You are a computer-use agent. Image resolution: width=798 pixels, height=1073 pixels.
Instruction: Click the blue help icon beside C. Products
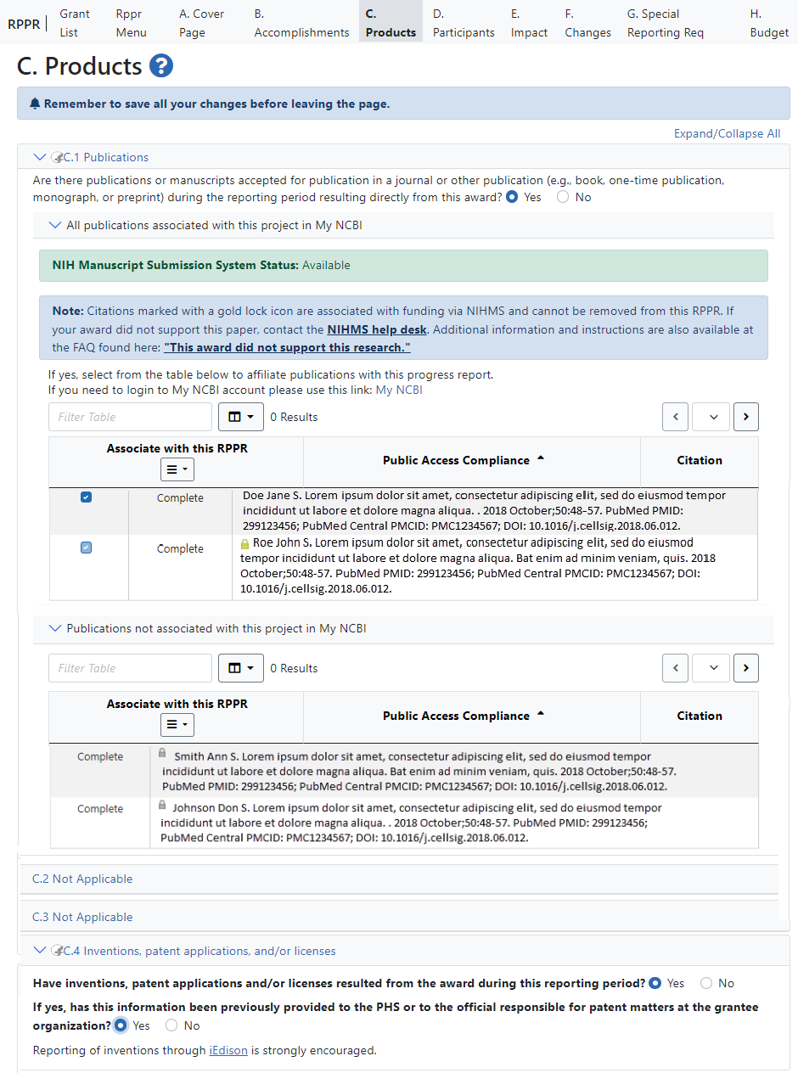161,65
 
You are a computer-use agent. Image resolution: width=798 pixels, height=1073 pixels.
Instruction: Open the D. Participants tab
463,23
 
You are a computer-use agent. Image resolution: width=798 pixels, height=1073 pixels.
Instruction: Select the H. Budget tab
769,23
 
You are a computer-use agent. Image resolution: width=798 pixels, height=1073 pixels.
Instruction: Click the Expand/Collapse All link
727,133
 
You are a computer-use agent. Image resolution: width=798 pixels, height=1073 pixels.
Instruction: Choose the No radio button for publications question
563,197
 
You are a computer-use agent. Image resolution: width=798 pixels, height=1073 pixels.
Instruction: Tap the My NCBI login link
399,390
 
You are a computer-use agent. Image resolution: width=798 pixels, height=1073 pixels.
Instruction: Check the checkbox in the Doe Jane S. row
86,497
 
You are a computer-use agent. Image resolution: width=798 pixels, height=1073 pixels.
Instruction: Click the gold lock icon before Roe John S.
244,543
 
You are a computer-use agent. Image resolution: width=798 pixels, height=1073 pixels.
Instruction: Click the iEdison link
228,1050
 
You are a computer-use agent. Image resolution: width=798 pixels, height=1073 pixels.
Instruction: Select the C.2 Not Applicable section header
82,879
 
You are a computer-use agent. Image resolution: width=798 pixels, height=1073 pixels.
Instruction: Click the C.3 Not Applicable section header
82,917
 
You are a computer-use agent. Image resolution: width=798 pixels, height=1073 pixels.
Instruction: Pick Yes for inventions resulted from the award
655,983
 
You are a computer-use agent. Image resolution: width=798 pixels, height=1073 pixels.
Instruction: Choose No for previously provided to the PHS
171,1025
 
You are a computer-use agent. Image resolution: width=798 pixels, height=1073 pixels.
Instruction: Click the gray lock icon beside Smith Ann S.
162,752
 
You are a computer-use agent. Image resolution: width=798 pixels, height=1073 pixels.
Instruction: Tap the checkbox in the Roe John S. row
86,548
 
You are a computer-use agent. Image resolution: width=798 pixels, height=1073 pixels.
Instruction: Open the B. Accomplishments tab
301,23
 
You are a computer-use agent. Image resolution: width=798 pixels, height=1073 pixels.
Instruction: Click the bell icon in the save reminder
35,104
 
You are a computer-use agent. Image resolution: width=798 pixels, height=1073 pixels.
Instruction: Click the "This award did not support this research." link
287,347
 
